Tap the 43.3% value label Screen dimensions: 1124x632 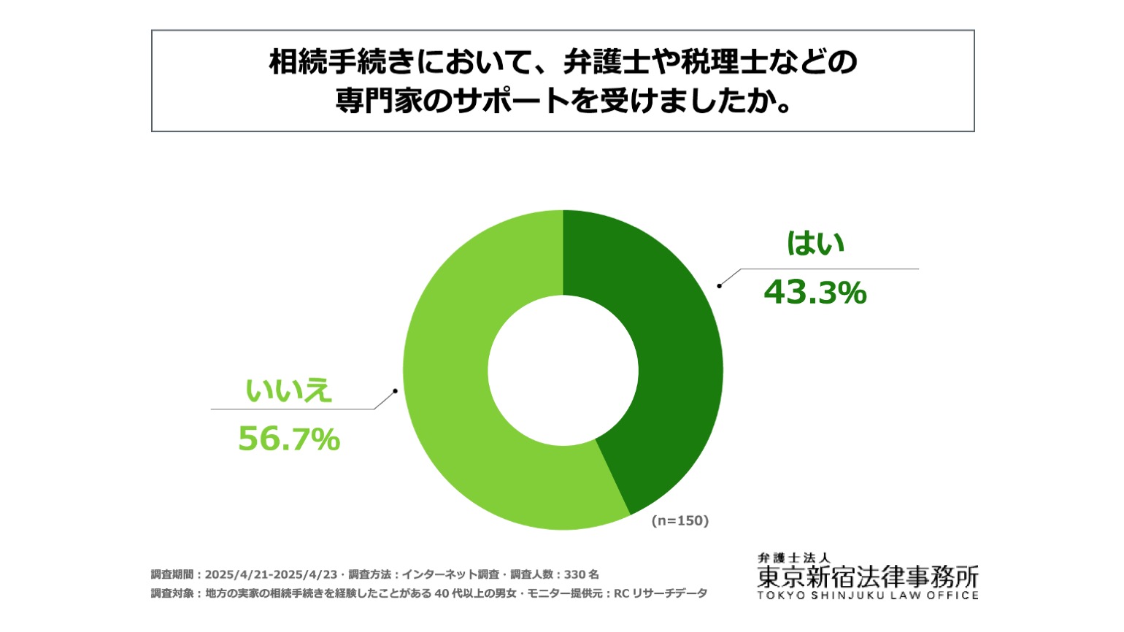(815, 293)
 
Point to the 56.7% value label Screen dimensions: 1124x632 (289, 439)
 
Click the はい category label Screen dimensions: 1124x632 (815, 243)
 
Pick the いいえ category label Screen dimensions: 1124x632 (288, 390)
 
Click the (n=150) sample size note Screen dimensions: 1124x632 (680, 520)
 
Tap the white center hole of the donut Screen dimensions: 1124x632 (563, 370)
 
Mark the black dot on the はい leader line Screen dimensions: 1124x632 (719, 286)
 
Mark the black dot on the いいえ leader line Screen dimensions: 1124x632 (396, 391)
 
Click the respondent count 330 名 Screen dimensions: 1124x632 (582, 574)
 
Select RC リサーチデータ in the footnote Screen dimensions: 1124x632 (661, 593)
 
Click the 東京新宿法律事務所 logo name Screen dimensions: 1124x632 (868, 577)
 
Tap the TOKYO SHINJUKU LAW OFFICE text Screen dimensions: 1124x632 (868, 596)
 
